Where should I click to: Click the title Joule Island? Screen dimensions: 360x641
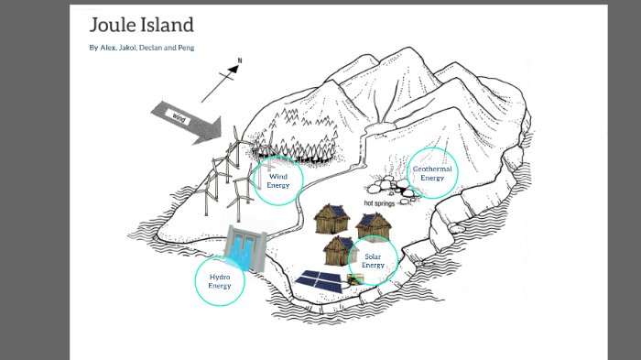141,26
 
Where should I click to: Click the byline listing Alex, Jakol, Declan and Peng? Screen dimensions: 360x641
141,48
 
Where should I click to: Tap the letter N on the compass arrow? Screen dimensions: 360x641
240,61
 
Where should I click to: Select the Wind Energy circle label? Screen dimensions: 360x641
277,180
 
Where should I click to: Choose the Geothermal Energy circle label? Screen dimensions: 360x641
432,173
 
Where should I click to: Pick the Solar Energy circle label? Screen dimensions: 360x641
373,261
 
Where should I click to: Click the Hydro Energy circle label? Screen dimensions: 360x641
220,281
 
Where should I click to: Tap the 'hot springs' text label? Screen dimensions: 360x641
379,203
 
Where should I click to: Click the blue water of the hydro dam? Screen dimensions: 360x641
240,248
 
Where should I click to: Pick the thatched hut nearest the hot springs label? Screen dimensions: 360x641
373,225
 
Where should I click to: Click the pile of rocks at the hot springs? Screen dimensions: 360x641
394,189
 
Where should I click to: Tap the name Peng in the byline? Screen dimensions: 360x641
184,48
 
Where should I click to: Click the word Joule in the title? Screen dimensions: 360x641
111,26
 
